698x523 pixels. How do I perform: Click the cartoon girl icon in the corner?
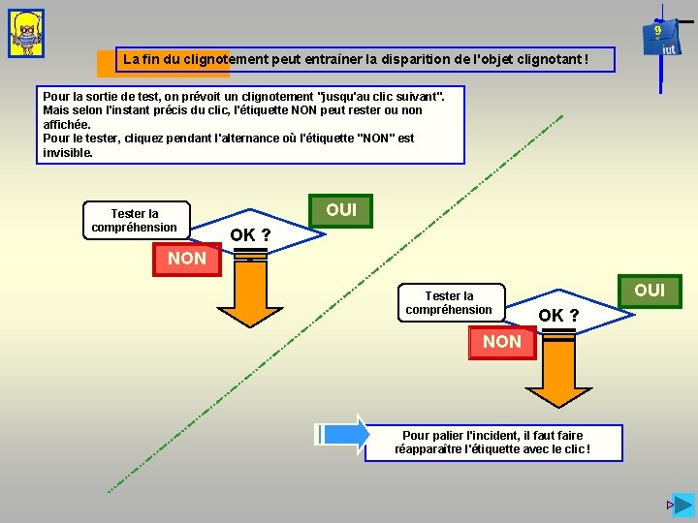coord(26,34)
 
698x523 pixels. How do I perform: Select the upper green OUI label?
coord(341,210)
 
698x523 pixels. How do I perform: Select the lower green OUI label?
coord(650,291)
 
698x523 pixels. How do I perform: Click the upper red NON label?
coord(187,259)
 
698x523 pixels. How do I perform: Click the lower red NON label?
coord(501,342)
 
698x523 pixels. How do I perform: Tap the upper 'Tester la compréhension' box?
coord(135,221)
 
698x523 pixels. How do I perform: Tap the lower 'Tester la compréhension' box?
coord(449,303)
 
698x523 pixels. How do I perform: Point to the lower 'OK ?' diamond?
coord(558,316)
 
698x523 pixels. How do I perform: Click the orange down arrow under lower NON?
coord(558,373)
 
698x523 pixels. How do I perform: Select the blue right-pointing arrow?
coord(345,434)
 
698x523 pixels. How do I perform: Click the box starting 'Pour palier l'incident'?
coord(492,443)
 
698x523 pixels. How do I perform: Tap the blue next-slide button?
coord(683,505)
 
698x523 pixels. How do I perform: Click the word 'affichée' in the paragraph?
coord(67,125)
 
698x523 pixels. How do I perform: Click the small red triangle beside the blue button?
coord(668,506)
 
